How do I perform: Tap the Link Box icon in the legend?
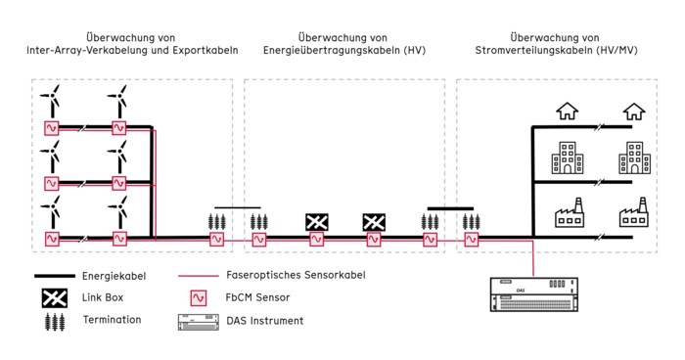coord(53,297)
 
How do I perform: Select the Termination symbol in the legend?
coord(53,320)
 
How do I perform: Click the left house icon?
coord(567,111)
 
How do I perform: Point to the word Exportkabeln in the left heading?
coord(203,49)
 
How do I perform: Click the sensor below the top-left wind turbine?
coord(53,127)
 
